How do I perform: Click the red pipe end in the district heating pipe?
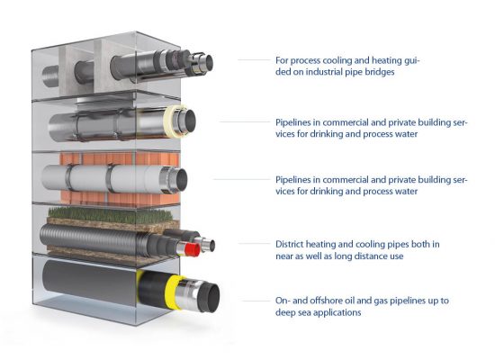(193, 249)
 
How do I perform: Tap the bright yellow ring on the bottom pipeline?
(173, 291)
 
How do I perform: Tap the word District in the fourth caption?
(289, 244)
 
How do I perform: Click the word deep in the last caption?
(283, 312)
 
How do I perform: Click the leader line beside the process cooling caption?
(254, 59)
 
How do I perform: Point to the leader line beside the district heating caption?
(255, 244)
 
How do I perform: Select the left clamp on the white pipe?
(68, 177)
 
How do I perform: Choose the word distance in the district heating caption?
(388, 256)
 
